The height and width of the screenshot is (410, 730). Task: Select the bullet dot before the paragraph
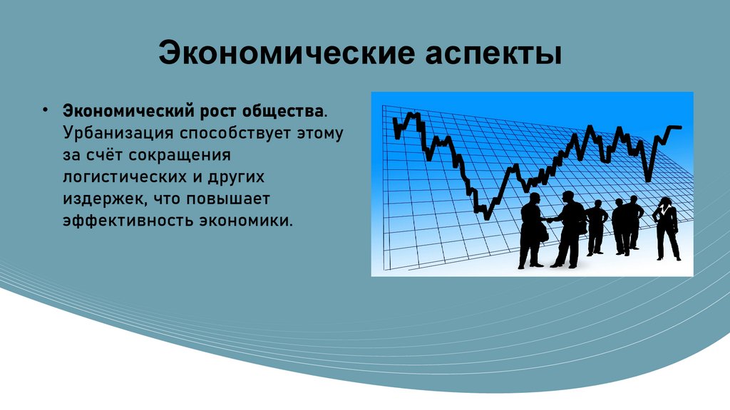pyautogui.click(x=45, y=110)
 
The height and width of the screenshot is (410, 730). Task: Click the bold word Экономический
pyautogui.click(x=128, y=111)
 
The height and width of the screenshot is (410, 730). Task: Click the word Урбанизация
pyautogui.click(x=118, y=133)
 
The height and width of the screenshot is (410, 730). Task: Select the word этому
pyautogui.click(x=320, y=134)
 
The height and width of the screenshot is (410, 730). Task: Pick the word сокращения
pyautogui.click(x=180, y=155)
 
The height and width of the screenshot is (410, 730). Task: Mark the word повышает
pyautogui.click(x=228, y=199)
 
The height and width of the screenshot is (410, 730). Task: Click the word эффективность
pyautogui.click(x=128, y=221)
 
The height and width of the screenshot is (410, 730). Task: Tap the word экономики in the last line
pyautogui.click(x=246, y=221)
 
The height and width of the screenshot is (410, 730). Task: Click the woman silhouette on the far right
pyautogui.click(x=667, y=228)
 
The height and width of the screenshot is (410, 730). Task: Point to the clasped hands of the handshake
pyautogui.click(x=551, y=220)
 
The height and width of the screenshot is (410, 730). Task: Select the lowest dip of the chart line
pyautogui.click(x=486, y=216)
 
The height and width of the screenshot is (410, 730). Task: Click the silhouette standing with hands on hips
pyautogui.click(x=596, y=228)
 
